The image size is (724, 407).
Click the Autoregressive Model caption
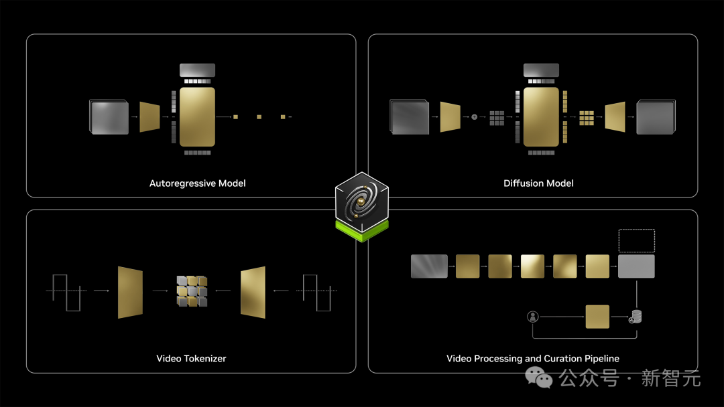coord(197,183)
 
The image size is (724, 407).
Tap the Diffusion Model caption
coord(538,183)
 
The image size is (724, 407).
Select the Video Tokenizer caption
coord(191,359)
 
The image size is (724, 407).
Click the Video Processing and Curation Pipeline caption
coord(533,359)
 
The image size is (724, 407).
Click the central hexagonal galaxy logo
coord(362,204)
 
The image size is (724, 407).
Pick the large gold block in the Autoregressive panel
coord(197,116)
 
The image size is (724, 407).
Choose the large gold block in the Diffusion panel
coord(540,116)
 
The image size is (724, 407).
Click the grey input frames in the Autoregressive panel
coord(109,117)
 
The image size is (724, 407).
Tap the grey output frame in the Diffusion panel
coord(656,117)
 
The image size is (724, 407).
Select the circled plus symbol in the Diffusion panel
coord(475,117)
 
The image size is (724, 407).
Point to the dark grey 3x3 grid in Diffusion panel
coord(496,117)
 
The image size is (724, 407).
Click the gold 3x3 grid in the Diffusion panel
coord(587,117)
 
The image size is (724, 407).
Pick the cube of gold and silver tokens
coord(192,291)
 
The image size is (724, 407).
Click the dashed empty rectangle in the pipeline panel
coord(636,240)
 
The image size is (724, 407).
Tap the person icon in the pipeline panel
coord(533,317)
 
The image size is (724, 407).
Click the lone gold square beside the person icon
coord(597,317)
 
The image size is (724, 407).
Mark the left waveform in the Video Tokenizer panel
coord(64,291)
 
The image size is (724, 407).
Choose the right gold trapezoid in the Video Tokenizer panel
coord(253,291)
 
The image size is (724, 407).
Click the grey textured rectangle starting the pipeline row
coord(429,266)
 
